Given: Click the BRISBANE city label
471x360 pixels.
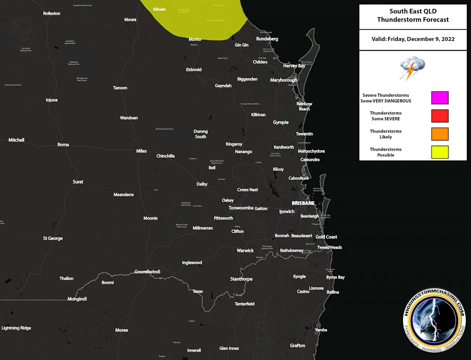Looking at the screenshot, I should [x=303, y=203].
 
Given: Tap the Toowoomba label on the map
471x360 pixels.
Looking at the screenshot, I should [x=241, y=208].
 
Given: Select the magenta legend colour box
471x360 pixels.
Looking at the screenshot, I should [x=440, y=98].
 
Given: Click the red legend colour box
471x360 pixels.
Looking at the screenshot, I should [x=440, y=116].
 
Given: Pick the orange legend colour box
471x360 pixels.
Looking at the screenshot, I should [x=440, y=134].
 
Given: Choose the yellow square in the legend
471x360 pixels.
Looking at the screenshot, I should [x=440, y=152].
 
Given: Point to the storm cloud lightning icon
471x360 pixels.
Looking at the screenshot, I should [x=412, y=68].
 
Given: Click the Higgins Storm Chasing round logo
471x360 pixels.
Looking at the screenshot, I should [x=434, y=319].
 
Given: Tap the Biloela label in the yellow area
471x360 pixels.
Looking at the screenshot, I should [x=159, y=9].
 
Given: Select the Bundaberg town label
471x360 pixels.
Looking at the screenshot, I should [x=267, y=39].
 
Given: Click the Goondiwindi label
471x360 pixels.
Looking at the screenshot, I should [x=147, y=272].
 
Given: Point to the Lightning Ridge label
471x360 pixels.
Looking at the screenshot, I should [x=16, y=328].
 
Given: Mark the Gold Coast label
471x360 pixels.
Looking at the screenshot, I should [x=326, y=237].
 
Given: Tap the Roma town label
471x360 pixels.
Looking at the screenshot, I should [x=63, y=145].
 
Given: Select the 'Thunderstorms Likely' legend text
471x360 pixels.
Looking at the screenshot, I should [x=386, y=134].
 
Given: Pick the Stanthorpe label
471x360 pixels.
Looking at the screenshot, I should [x=241, y=279].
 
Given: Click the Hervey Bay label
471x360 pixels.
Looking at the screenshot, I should [x=294, y=66].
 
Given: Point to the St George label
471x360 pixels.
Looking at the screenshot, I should [x=53, y=238].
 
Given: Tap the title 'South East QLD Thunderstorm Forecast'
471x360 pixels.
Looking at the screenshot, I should [x=413, y=15].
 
